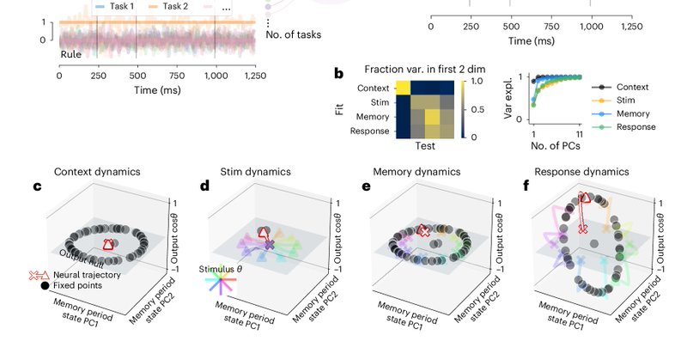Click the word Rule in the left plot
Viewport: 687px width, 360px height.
click(71, 54)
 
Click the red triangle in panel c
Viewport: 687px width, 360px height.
click(107, 246)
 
